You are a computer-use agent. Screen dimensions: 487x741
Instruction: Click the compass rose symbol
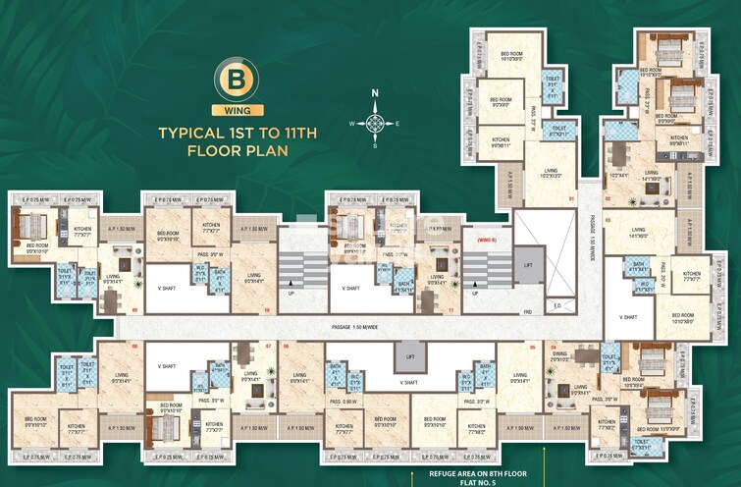pos(374,124)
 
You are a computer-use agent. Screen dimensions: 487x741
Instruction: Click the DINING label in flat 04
pos(560,357)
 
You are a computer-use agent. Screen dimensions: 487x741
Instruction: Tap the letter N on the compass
pos(374,95)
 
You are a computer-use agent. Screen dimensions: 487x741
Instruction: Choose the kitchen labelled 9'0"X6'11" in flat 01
pos(501,143)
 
